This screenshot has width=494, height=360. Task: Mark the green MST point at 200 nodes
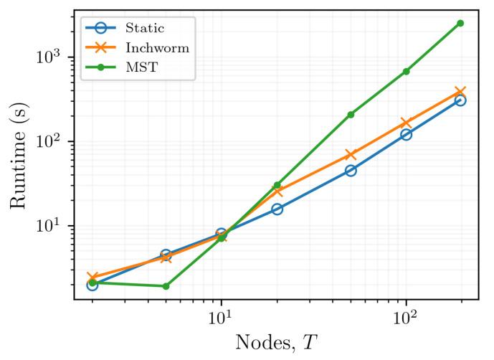[460, 23]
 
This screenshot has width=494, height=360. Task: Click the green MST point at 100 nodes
[406, 72]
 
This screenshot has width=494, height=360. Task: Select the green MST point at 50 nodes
[351, 115]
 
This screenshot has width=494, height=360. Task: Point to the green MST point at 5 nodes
[166, 286]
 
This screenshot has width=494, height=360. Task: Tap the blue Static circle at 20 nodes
[277, 209]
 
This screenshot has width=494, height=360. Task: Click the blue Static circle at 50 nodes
[351, 171]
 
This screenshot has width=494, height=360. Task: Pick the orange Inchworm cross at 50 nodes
[351, 155]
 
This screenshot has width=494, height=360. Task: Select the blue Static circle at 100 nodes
[406, 134]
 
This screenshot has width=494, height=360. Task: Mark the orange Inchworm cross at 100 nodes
[406, 123]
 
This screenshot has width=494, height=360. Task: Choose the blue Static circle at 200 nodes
[460, 100]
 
